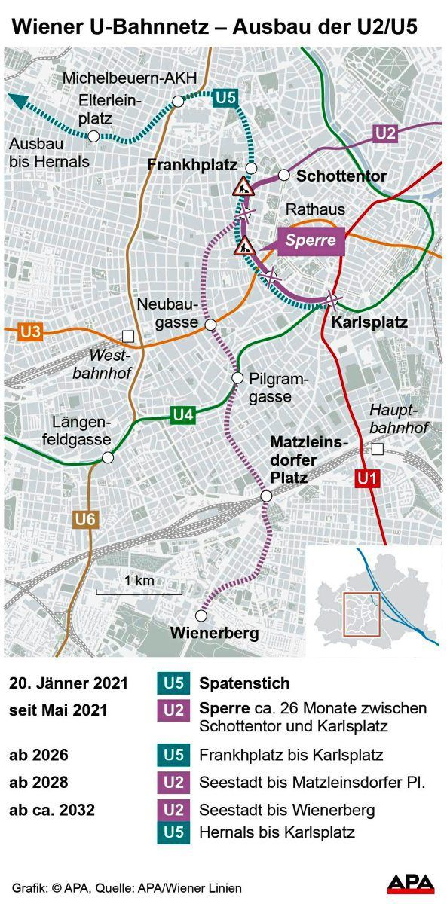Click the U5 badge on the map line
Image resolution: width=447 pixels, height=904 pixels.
[225, 97]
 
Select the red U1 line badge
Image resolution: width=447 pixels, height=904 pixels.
[365, 477]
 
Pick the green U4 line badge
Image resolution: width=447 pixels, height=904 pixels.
[183, 414]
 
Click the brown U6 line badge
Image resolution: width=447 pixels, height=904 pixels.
[84, 518]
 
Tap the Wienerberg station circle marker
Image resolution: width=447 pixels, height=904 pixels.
[200, 614]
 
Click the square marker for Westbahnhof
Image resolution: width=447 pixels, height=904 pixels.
[128, 336]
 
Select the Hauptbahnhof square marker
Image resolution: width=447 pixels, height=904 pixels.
[378, 450]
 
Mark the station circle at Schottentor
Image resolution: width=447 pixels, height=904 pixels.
[283, 175]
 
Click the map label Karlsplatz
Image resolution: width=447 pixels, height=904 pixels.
[369, 322]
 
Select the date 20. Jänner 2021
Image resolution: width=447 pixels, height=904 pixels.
[69, 684]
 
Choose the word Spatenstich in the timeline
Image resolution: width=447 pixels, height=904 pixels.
[244, 684]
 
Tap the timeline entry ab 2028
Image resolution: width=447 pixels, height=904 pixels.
[42, 783]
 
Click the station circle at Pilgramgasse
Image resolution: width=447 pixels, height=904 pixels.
[237, 377]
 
